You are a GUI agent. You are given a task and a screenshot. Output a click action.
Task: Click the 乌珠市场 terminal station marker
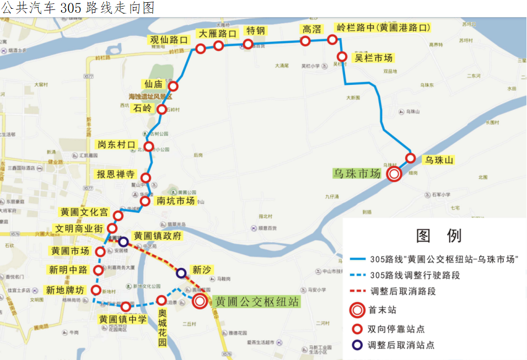(394, 174)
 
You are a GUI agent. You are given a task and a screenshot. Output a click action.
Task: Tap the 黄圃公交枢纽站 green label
(257, 302)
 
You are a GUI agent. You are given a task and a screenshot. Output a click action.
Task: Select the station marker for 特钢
(248, 44)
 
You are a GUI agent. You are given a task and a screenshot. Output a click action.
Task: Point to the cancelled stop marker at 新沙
(181, 273)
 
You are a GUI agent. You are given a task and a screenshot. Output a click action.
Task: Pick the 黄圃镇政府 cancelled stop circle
(123, 241)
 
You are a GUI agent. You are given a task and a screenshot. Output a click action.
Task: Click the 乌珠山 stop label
(439, 160)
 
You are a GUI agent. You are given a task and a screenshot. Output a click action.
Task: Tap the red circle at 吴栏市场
(342, 57)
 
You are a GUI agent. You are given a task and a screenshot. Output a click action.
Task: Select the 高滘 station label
(311, 29)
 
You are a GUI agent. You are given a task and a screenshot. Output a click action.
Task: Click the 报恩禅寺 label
(116, 174)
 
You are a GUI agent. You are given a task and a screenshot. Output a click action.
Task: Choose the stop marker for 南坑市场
(145, 201)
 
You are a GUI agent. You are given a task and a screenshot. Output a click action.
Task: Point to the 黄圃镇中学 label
(123, 319)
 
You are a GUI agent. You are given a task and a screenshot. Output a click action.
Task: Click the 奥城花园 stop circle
(161, 300)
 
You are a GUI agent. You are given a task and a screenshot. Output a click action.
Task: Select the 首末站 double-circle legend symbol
(357, 310)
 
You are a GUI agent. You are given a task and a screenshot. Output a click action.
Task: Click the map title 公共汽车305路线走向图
(77, 8)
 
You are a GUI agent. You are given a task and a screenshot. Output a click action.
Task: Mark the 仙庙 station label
(153, 84)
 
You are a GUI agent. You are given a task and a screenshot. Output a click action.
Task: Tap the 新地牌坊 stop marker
(96, 290)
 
